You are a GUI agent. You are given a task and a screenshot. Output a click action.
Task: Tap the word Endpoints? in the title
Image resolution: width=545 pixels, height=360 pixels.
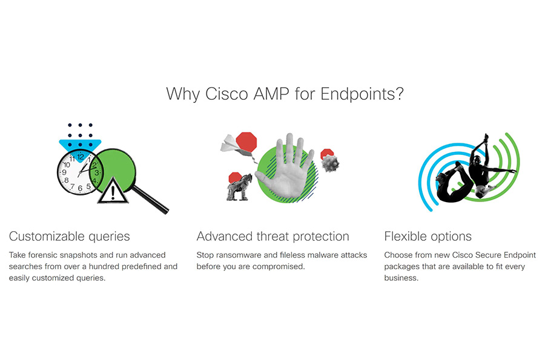(362, 94)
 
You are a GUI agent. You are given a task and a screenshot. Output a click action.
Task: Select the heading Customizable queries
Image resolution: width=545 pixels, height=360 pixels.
(70, 237)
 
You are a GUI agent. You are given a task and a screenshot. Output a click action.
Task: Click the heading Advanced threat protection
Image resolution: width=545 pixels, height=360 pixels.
(273, 237)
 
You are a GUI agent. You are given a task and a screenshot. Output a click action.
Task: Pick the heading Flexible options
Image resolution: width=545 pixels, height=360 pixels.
(428, 237)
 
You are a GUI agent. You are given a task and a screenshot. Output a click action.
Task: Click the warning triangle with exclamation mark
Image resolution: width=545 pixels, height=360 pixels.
(113, 191)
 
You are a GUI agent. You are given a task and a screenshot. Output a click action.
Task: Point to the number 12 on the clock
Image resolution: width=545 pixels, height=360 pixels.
(81, 157)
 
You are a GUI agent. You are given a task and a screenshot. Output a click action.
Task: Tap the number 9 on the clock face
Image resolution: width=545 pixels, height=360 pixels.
(64, 172)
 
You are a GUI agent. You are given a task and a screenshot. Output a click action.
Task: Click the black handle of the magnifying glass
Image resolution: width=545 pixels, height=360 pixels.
(151, 199)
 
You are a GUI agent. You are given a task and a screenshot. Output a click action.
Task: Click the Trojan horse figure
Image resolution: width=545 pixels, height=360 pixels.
(239, 188)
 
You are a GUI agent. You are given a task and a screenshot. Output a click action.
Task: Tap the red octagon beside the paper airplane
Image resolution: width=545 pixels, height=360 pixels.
(246, 142)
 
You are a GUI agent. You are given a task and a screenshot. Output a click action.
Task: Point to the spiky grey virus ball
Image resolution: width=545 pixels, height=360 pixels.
(330, 163)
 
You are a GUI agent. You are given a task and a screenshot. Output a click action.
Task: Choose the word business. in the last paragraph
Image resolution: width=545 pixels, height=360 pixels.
(401, 278)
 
